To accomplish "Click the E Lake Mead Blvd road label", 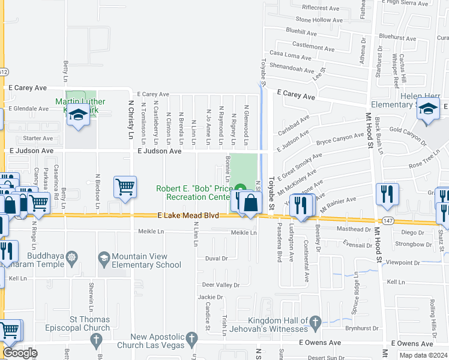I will click(x=188, y=215).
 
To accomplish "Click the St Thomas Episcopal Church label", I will click(x=81, y=324).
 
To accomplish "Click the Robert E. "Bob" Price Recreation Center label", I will click(x=193, y=193).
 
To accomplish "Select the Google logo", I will click(x=20, y=352).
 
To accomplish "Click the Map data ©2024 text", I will click(x=424, y=355).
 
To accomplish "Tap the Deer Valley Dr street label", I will click(x=220, y=284).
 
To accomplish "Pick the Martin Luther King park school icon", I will click(x=78, y=115).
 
